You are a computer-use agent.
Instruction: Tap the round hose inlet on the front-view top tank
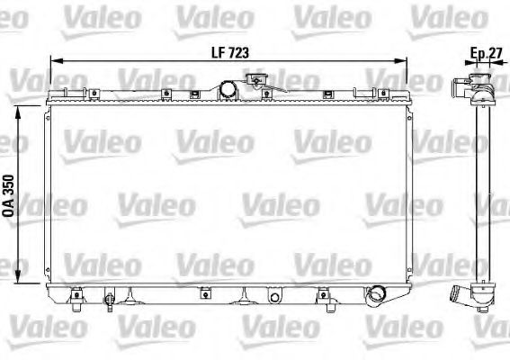pos(228,88)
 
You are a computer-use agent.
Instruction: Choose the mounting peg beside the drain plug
pos(77,292)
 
